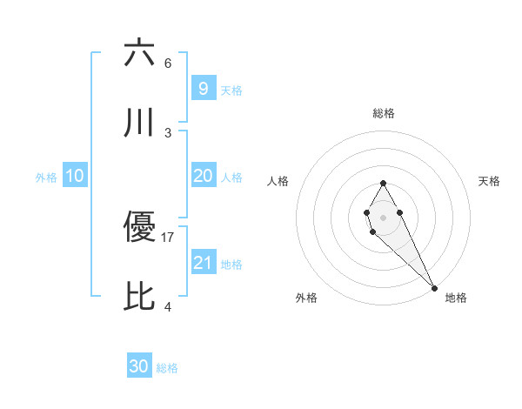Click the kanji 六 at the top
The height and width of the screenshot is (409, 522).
tap(140, 53)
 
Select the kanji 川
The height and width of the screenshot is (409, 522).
tap(140, 124)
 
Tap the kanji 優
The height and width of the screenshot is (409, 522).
tap(140, 228)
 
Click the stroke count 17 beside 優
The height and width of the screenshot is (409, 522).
tap(168, 237)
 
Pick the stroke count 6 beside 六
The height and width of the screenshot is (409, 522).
tap(168, 64)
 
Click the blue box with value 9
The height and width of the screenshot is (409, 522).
tap(203, 89)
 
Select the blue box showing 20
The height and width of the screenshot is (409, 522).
tap(203, 176)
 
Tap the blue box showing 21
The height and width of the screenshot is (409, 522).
tap(203, 263)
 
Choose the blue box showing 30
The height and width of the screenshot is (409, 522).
tap(139, 366)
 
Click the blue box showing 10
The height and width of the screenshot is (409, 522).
tap(75, 176)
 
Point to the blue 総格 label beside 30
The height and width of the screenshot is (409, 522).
tap(167, 368)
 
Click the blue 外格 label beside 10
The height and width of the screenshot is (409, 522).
tap(46, 178)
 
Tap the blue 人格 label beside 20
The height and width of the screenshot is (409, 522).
tap(231, 178)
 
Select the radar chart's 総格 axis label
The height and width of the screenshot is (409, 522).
tap(383, 113)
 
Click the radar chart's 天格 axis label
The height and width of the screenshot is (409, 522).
tap(489, 181)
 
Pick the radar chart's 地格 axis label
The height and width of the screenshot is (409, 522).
tap(456, 298)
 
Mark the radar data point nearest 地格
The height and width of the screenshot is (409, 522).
tap(434, 288)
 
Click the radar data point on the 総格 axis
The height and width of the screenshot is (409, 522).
tap(383, 183)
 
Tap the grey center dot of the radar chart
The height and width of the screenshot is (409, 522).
tap(383, 216)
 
